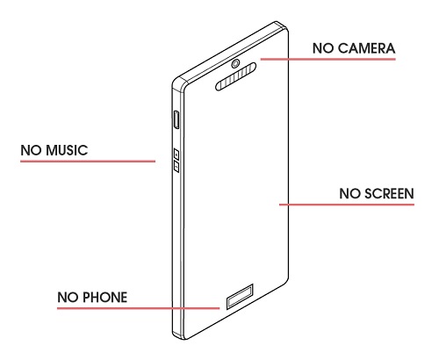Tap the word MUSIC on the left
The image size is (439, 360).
[x=67, y=150]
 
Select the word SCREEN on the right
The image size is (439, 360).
[x=389, y=193]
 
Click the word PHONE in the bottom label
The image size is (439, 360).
[x=104, y=298]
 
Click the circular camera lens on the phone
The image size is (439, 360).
[x=235, y=63]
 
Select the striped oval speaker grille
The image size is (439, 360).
[x=236, y=76]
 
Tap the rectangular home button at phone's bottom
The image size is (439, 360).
[x=240, y=296]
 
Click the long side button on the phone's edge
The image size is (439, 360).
[x=176, y=119]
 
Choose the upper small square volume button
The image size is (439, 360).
[x=176, y=154]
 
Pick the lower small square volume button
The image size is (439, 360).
[x=176, y=167]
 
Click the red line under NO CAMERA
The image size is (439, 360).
[x=328, y=59]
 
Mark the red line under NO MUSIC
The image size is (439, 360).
[x=88, y=161]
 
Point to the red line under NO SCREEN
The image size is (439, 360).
[x=347, y=205]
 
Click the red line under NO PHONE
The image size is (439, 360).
[x=139, y=308]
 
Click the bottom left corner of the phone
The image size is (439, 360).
[x=176, y=336]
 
